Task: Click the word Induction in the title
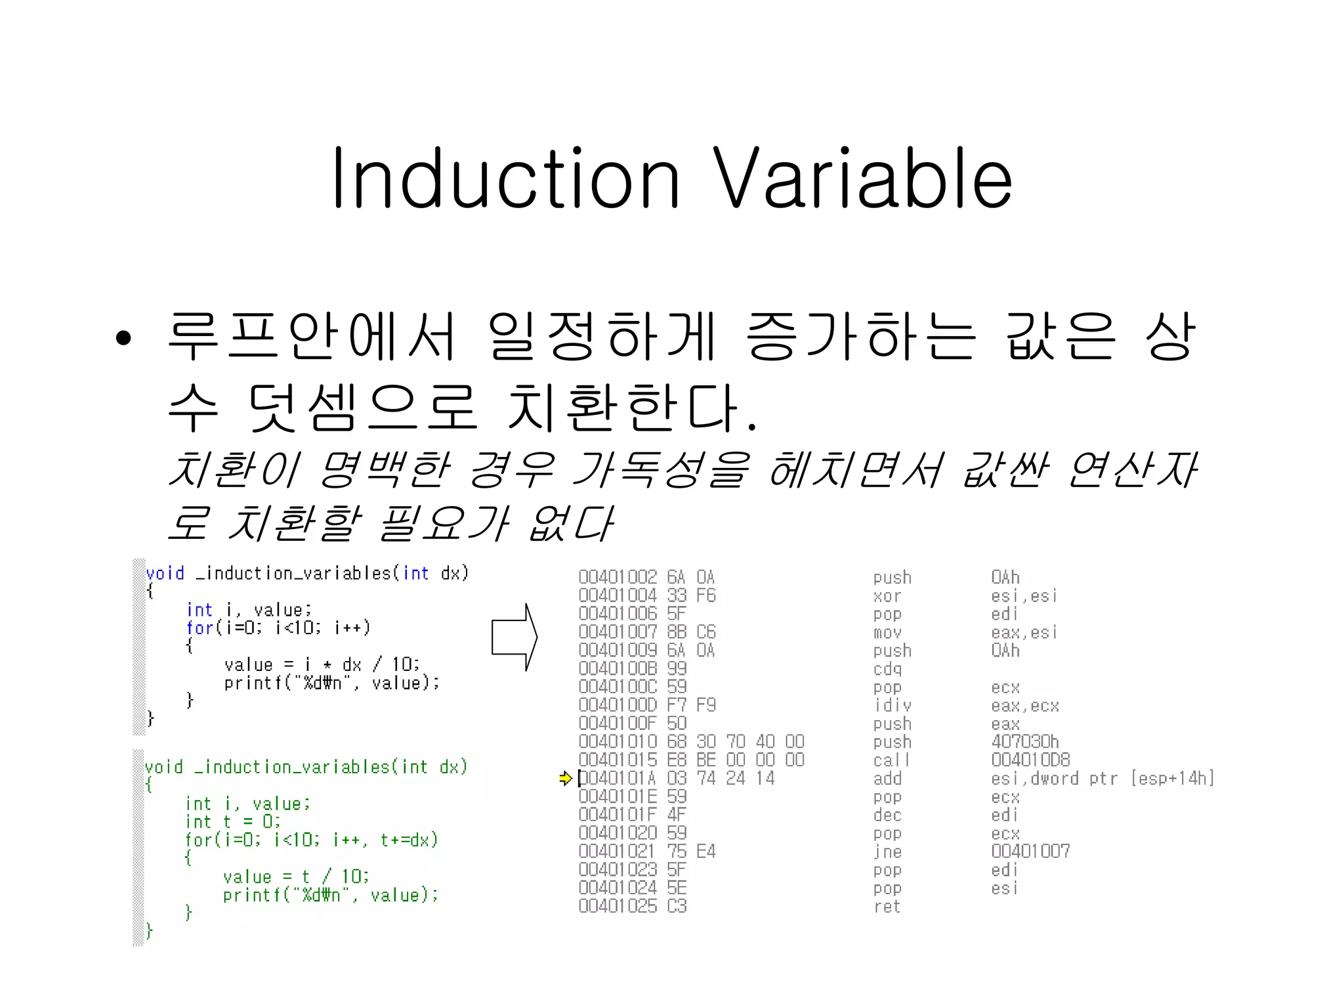pyautogui.click(x=505, y=179)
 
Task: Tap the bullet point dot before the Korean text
pyautogui.click(x=123, y=339)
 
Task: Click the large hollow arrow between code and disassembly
pyautogui.click(x=514, y=637)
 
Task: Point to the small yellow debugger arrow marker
pyautogui.click(x=565, y=779)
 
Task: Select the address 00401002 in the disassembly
pyautogui.click(x=617, y=577)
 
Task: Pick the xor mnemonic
pyautogui.click(x=887, y=596)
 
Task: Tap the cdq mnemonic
pyautogui.click(x=887, y=669)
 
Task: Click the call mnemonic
pyautogui.click(x=891, y=760)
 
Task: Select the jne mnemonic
pyautogui.click(x=887, y=851)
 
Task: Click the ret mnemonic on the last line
pyautogui.click(x=887, y=907)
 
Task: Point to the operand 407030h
pyautogui.click(x=1024, y=742)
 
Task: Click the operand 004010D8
pyautogui.click(x=1030, y=760)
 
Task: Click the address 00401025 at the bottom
pyautogui.click(x=617, y=907)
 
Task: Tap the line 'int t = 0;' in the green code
pyautogui.click(x=232, y=822)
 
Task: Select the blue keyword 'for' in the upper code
pyautogui.click(x=199, y=628)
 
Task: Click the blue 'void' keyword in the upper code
pyautogui.click(x=165, y=574)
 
